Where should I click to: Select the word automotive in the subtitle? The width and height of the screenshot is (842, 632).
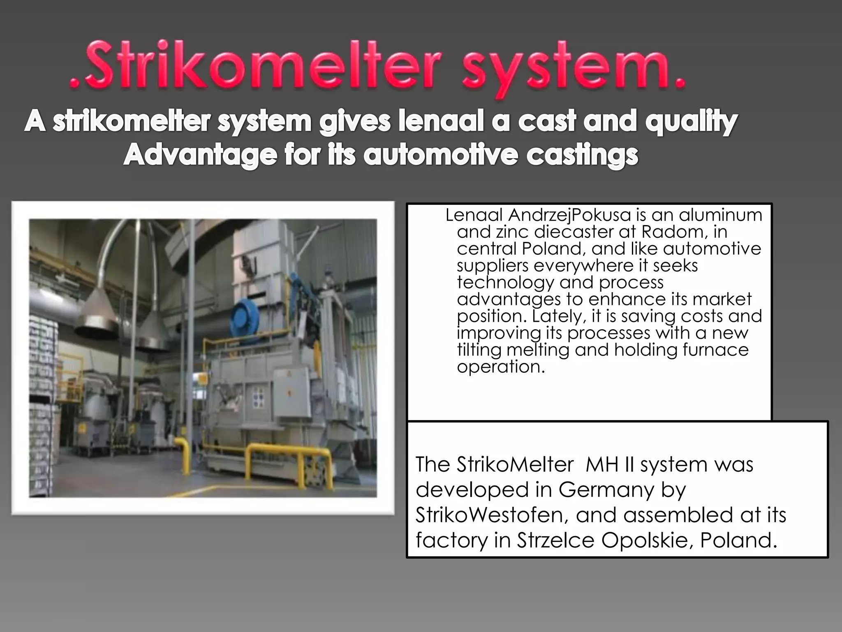click(440, 156)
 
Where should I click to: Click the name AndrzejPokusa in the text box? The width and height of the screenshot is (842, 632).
click(569, 215)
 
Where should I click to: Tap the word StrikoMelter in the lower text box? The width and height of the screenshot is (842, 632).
click(515, 465)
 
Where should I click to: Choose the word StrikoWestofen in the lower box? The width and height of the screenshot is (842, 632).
click(492, 515)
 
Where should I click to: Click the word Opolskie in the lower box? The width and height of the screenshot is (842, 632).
click(647, 540)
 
